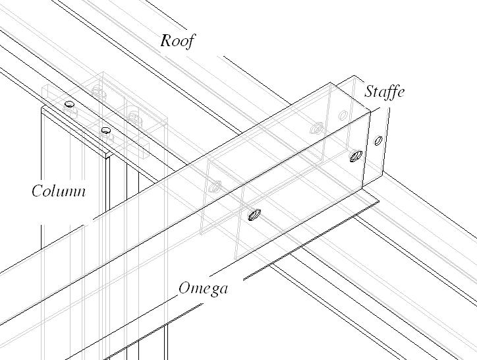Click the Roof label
point(178,40)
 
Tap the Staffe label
point(384,91)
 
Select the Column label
point(59,191)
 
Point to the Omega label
point(204,289)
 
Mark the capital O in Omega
point(185,288)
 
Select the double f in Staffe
point(387,91)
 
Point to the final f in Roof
point(190,40)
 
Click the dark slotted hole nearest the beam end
point(356,156)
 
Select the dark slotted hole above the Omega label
point(254,214)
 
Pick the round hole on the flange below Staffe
point(378,140)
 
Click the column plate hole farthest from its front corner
point(69,104)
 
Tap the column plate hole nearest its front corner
point(105,131)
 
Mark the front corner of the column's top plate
point(107,156)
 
